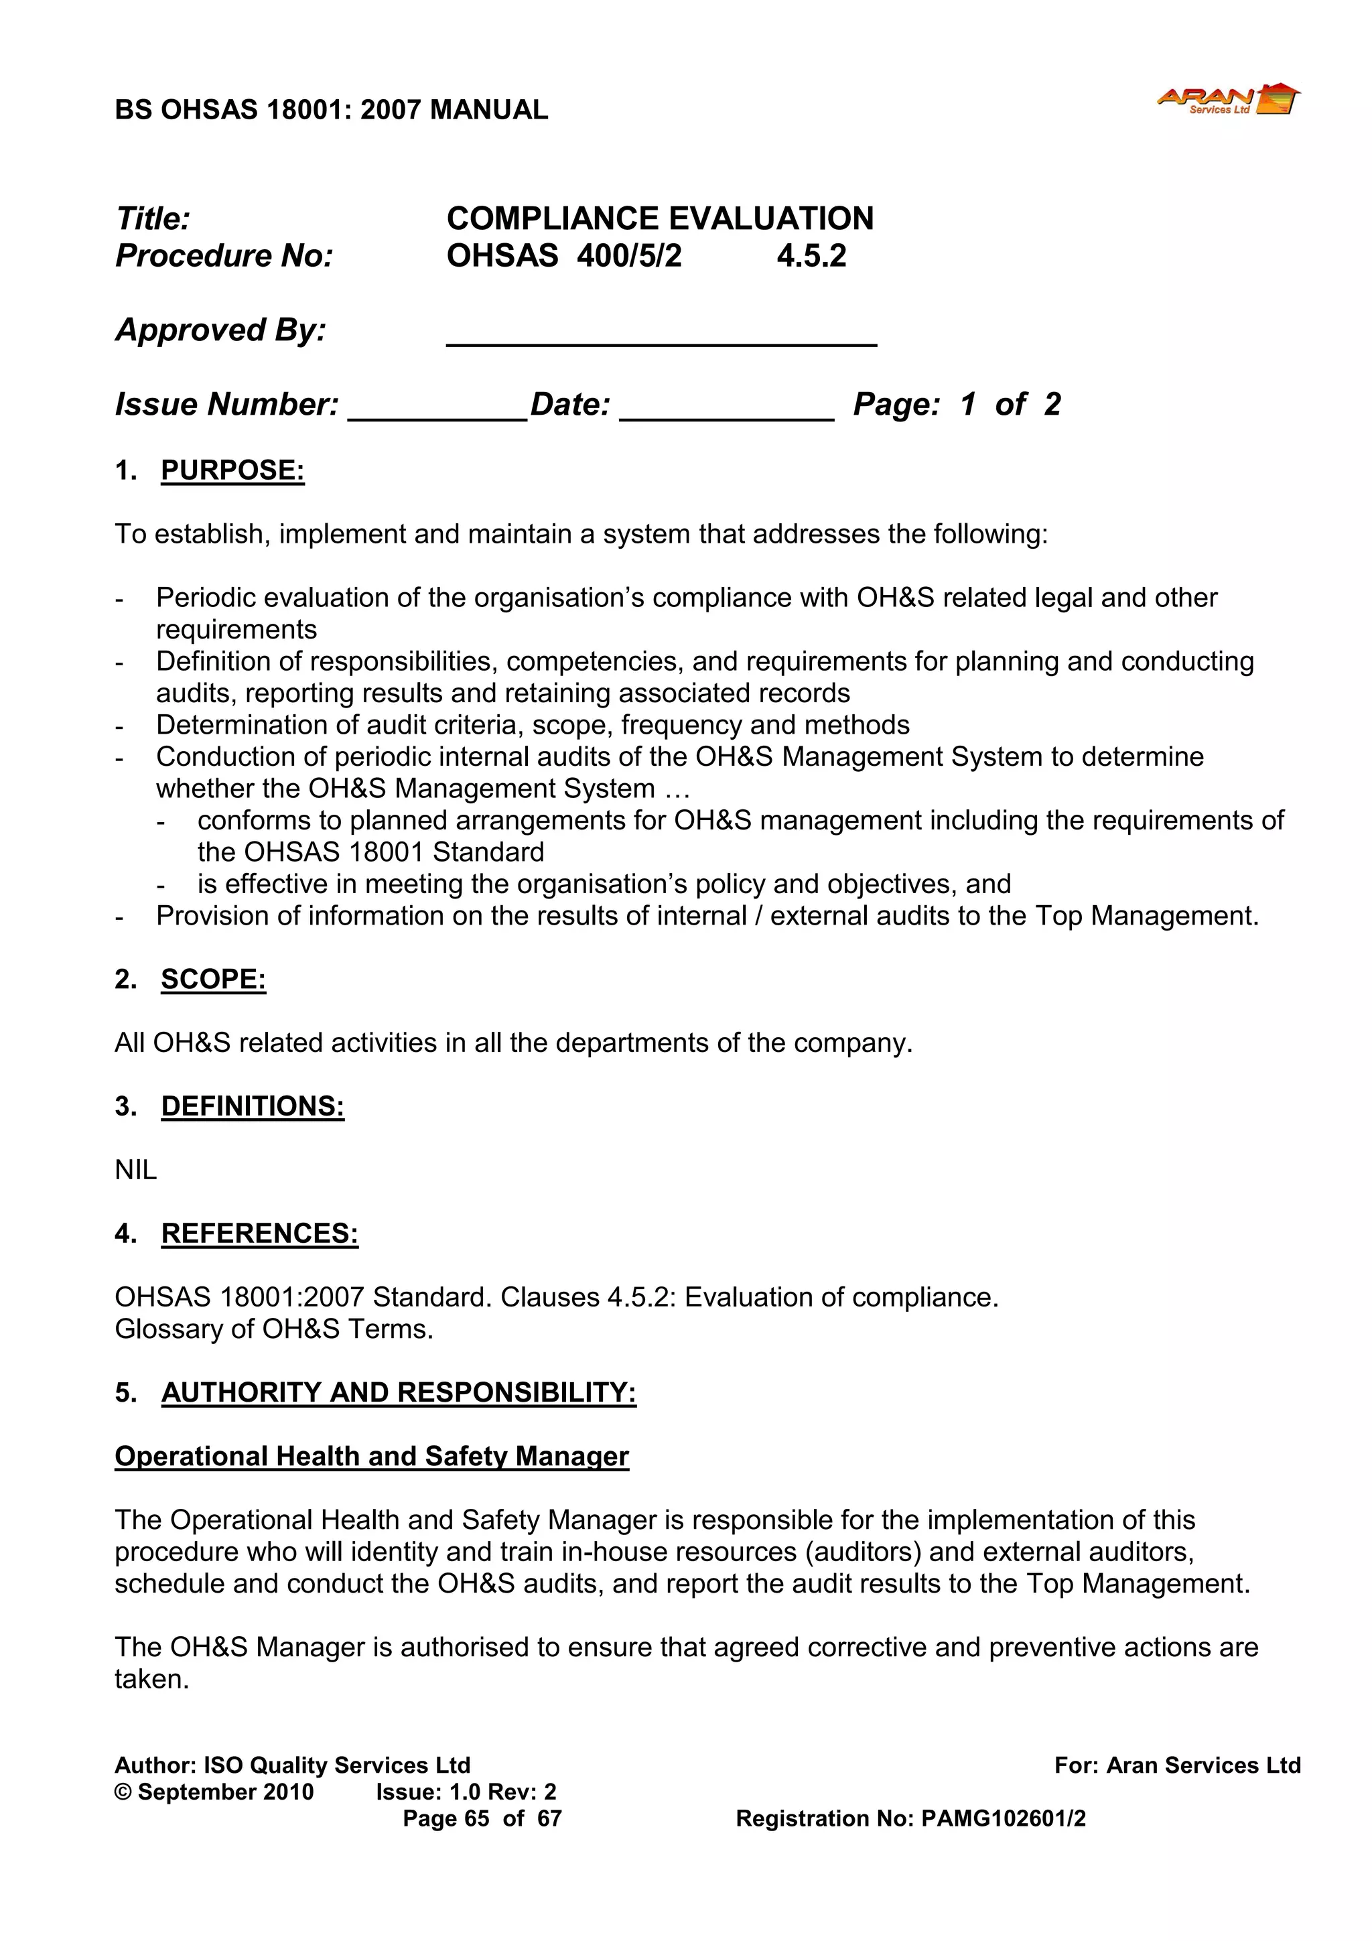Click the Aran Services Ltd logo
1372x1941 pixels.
coord(1228,100)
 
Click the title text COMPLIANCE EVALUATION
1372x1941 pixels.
coord(659,219)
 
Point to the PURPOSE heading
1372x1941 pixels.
coord(232,470)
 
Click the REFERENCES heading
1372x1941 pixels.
coord(259,1233)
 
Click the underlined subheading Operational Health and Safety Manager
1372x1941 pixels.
coord(372,1457)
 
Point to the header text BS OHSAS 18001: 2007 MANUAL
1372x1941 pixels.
coord(332,110)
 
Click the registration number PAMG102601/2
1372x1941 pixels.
coord(1003,1818)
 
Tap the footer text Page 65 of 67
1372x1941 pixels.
coord(482,1818)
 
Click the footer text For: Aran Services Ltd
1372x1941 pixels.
coord(1177,1765)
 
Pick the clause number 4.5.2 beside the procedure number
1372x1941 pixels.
coord(811,256)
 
